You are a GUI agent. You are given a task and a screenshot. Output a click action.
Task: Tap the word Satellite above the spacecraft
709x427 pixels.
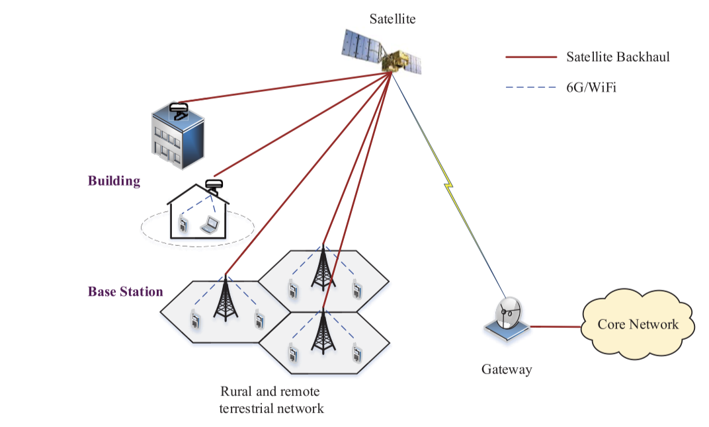(392, 19)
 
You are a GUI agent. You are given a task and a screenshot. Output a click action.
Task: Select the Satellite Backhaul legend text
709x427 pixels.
(618, 57)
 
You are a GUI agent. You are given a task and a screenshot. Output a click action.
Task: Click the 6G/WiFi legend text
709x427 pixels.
(591, 87)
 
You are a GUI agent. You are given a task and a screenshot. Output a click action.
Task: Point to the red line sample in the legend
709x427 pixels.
(530, 57)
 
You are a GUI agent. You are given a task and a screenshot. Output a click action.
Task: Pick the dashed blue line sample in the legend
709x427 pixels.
(530, 87)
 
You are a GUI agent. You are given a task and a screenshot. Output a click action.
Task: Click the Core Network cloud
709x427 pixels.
(638, 325)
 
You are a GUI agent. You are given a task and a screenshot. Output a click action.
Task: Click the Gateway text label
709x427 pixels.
(507, 369)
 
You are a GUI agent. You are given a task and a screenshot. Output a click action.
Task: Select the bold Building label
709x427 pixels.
(114, 180)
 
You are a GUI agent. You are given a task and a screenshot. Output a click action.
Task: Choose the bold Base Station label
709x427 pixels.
(126, 291)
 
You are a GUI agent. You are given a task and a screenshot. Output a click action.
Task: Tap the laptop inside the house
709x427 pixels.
(210, 225)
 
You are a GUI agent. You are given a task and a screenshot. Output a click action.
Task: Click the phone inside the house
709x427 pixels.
(183, 226)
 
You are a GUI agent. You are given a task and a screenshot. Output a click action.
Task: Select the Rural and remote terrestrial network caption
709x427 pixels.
(271, 399)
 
